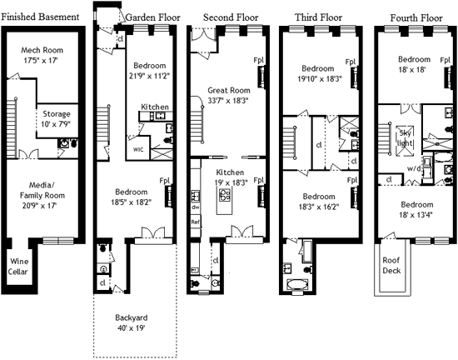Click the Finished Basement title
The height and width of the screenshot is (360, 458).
click(x=40, y=17)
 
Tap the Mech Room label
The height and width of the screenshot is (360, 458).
click(x=42, y=50)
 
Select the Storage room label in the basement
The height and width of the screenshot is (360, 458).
click(x=57, y=113)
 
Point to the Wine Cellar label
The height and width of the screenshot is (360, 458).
click(x=17, y=267)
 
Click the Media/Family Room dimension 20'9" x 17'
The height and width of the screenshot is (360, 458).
click(x=39, y=206)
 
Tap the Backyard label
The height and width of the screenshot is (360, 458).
click(x=131, y=317)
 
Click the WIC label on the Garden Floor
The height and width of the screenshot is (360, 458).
click(x=138, y=150)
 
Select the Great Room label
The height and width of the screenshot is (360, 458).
click(x=229, y=90)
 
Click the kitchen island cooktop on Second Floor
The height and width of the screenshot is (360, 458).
click(x=225, y=195)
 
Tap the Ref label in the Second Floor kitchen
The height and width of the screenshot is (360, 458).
click(x=195, y=222)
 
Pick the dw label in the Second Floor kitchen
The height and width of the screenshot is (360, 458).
click(x=195, y=207)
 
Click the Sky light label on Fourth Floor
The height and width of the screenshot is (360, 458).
click(x=406, y=138)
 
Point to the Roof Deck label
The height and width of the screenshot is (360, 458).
click(x=391, y=265)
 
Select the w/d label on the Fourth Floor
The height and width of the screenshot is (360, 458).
click(x=414, y=169)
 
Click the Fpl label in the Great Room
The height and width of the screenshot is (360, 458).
click(x=258, y=60)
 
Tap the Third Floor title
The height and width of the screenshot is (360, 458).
click(x=318, y=17)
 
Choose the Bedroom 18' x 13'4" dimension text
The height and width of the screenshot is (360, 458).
click(x=416, y=215)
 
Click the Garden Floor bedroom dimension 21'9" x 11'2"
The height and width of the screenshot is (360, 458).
click(x=150, y=76)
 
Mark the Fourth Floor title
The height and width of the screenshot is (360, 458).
click(x=416, y=17)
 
